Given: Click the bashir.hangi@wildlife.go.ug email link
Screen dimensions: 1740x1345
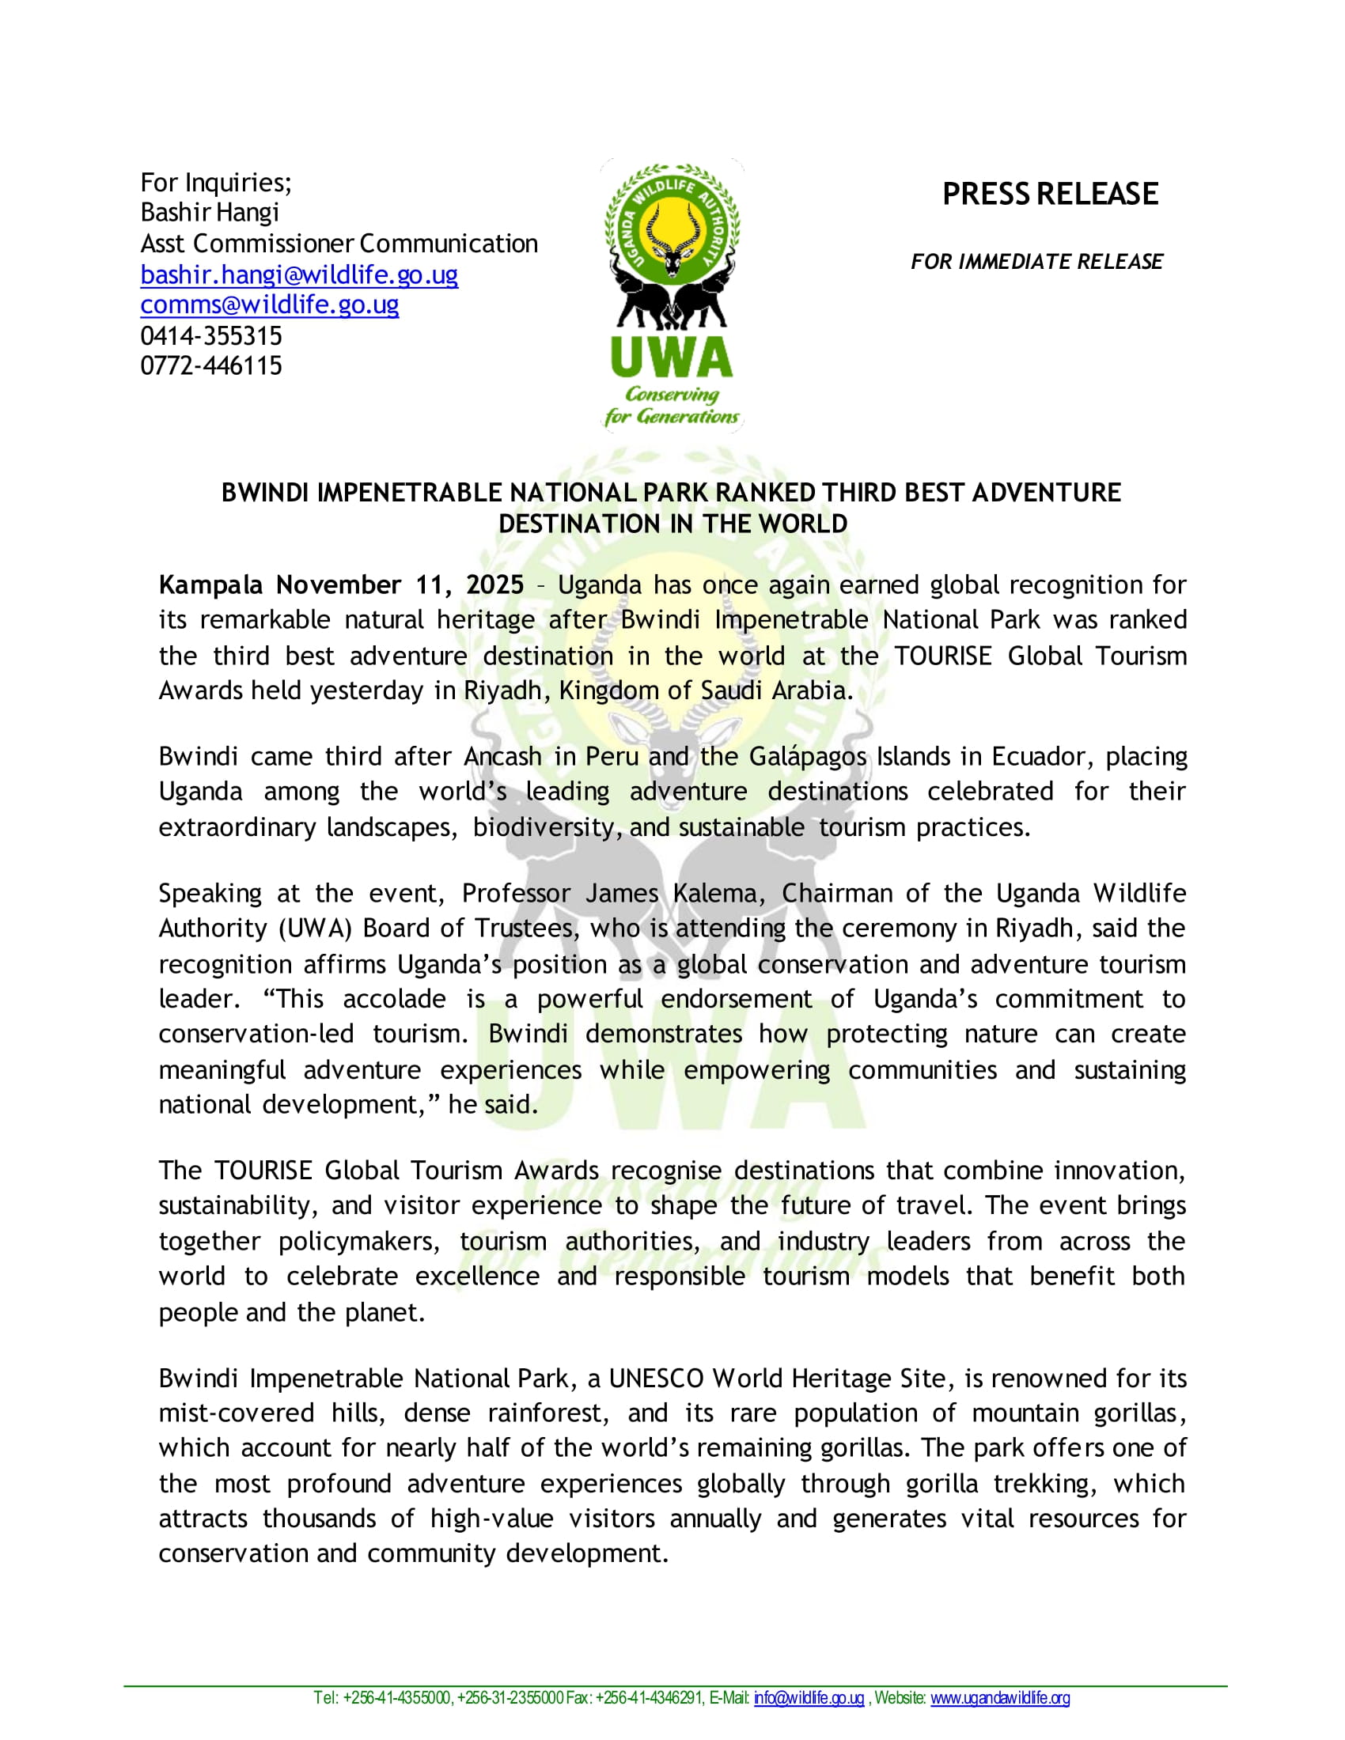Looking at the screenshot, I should [299, 275].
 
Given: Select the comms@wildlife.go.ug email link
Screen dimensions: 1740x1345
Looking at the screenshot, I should [269, 305].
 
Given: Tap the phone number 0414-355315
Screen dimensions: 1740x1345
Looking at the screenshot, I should [211, 335].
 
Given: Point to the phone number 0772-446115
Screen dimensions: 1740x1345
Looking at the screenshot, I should [211, 365].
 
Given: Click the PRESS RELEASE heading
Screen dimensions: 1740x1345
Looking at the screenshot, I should [1049, 195].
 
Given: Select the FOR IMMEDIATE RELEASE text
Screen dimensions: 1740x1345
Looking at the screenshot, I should [1036, 261].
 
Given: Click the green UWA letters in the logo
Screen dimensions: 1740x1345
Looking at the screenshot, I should [672, 357].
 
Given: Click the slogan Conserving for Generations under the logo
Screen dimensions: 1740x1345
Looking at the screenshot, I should [672, 406].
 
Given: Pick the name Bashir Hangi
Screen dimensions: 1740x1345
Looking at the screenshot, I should [210, 213].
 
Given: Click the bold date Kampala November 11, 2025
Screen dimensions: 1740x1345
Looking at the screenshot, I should [341, 584].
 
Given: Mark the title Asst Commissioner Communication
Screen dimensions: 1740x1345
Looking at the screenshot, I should [339, 244].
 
